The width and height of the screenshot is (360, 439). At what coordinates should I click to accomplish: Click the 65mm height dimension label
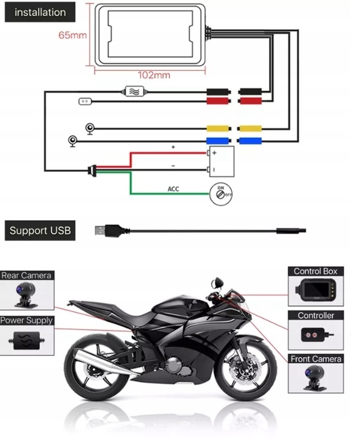tap(72, 35)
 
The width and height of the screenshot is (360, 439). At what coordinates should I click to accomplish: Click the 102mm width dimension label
tap(154, 75)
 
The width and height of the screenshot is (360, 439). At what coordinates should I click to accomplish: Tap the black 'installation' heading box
tap(40, 12)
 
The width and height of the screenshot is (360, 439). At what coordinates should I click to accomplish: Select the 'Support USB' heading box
tap(40, 230)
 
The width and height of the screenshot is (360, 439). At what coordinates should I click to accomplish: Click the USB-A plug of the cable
tap(109, 230)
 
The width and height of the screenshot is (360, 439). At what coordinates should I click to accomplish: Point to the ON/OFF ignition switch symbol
tap(221, 194)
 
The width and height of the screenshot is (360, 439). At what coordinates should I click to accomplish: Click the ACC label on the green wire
tap(173, 189)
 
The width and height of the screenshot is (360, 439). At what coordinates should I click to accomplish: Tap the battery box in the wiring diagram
tap(221, 162)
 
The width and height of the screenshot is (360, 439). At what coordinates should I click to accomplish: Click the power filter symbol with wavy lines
tap(135, 91)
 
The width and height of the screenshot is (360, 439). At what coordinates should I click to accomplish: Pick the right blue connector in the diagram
tap(250, 141)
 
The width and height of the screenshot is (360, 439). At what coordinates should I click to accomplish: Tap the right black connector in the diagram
tap(250, 91)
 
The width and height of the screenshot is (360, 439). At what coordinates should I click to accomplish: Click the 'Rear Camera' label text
tap(26, 276)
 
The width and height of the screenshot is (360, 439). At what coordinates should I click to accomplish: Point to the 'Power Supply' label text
tap(26, 320)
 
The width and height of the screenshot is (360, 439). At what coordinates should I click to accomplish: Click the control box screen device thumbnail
tap(315, 290)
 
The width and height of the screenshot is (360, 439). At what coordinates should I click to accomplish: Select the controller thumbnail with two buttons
tap(316, 335)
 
